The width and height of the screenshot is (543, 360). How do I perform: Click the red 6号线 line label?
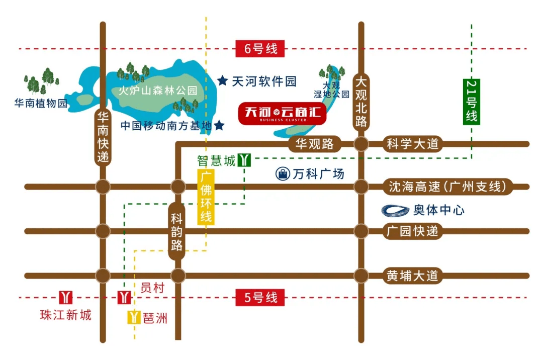[260, 49]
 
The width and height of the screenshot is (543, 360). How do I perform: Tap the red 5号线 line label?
[260, 297]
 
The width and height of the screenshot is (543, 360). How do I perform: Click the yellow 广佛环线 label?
[205, 198]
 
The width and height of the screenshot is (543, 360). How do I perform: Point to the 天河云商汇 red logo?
[282, 113]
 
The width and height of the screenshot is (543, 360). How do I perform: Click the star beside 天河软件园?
[223, 80]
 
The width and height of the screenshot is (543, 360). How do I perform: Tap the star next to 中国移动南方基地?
[219, 125]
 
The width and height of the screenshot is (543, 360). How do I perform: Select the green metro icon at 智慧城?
[244, 160]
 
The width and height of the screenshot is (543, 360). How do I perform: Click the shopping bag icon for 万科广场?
[283, 174]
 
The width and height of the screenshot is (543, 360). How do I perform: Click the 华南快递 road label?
[103, 137]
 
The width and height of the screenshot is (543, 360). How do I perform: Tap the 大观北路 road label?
[361, 102]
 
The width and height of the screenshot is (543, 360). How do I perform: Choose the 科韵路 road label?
[176, 231]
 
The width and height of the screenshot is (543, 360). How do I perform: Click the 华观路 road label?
[314, 144]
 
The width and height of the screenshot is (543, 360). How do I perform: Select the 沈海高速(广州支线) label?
[446, 187]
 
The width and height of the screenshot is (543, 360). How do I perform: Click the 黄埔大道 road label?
[412, 276]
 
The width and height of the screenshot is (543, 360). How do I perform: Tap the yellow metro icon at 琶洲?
[133, 317]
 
